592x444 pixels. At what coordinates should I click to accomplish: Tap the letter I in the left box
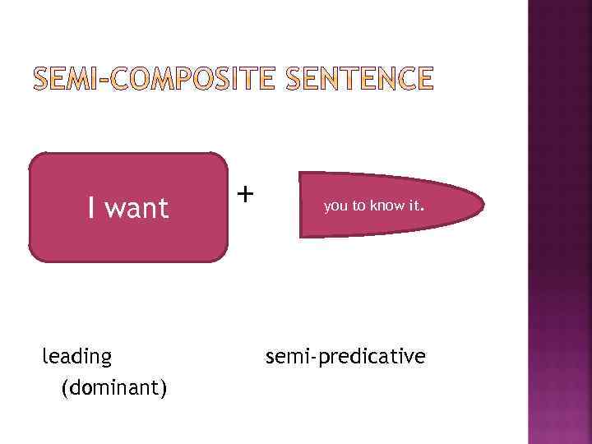tap(91, 208)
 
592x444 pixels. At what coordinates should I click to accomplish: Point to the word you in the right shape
tap(335, 206)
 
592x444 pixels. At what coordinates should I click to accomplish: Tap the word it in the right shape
tap(412, 206)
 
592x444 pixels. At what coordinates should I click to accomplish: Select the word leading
tap(77, 357)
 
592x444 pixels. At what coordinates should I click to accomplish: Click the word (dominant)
tap(114, 386)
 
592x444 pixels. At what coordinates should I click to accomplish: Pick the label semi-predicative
tap(345, 357)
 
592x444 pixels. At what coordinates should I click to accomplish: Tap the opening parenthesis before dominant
tap(65, 386)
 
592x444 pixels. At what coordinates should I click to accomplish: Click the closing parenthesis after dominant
tap(164, 386)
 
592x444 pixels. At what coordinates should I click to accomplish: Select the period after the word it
tap(421, 210)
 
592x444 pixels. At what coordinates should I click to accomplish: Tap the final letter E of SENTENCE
tap(421, 80)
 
